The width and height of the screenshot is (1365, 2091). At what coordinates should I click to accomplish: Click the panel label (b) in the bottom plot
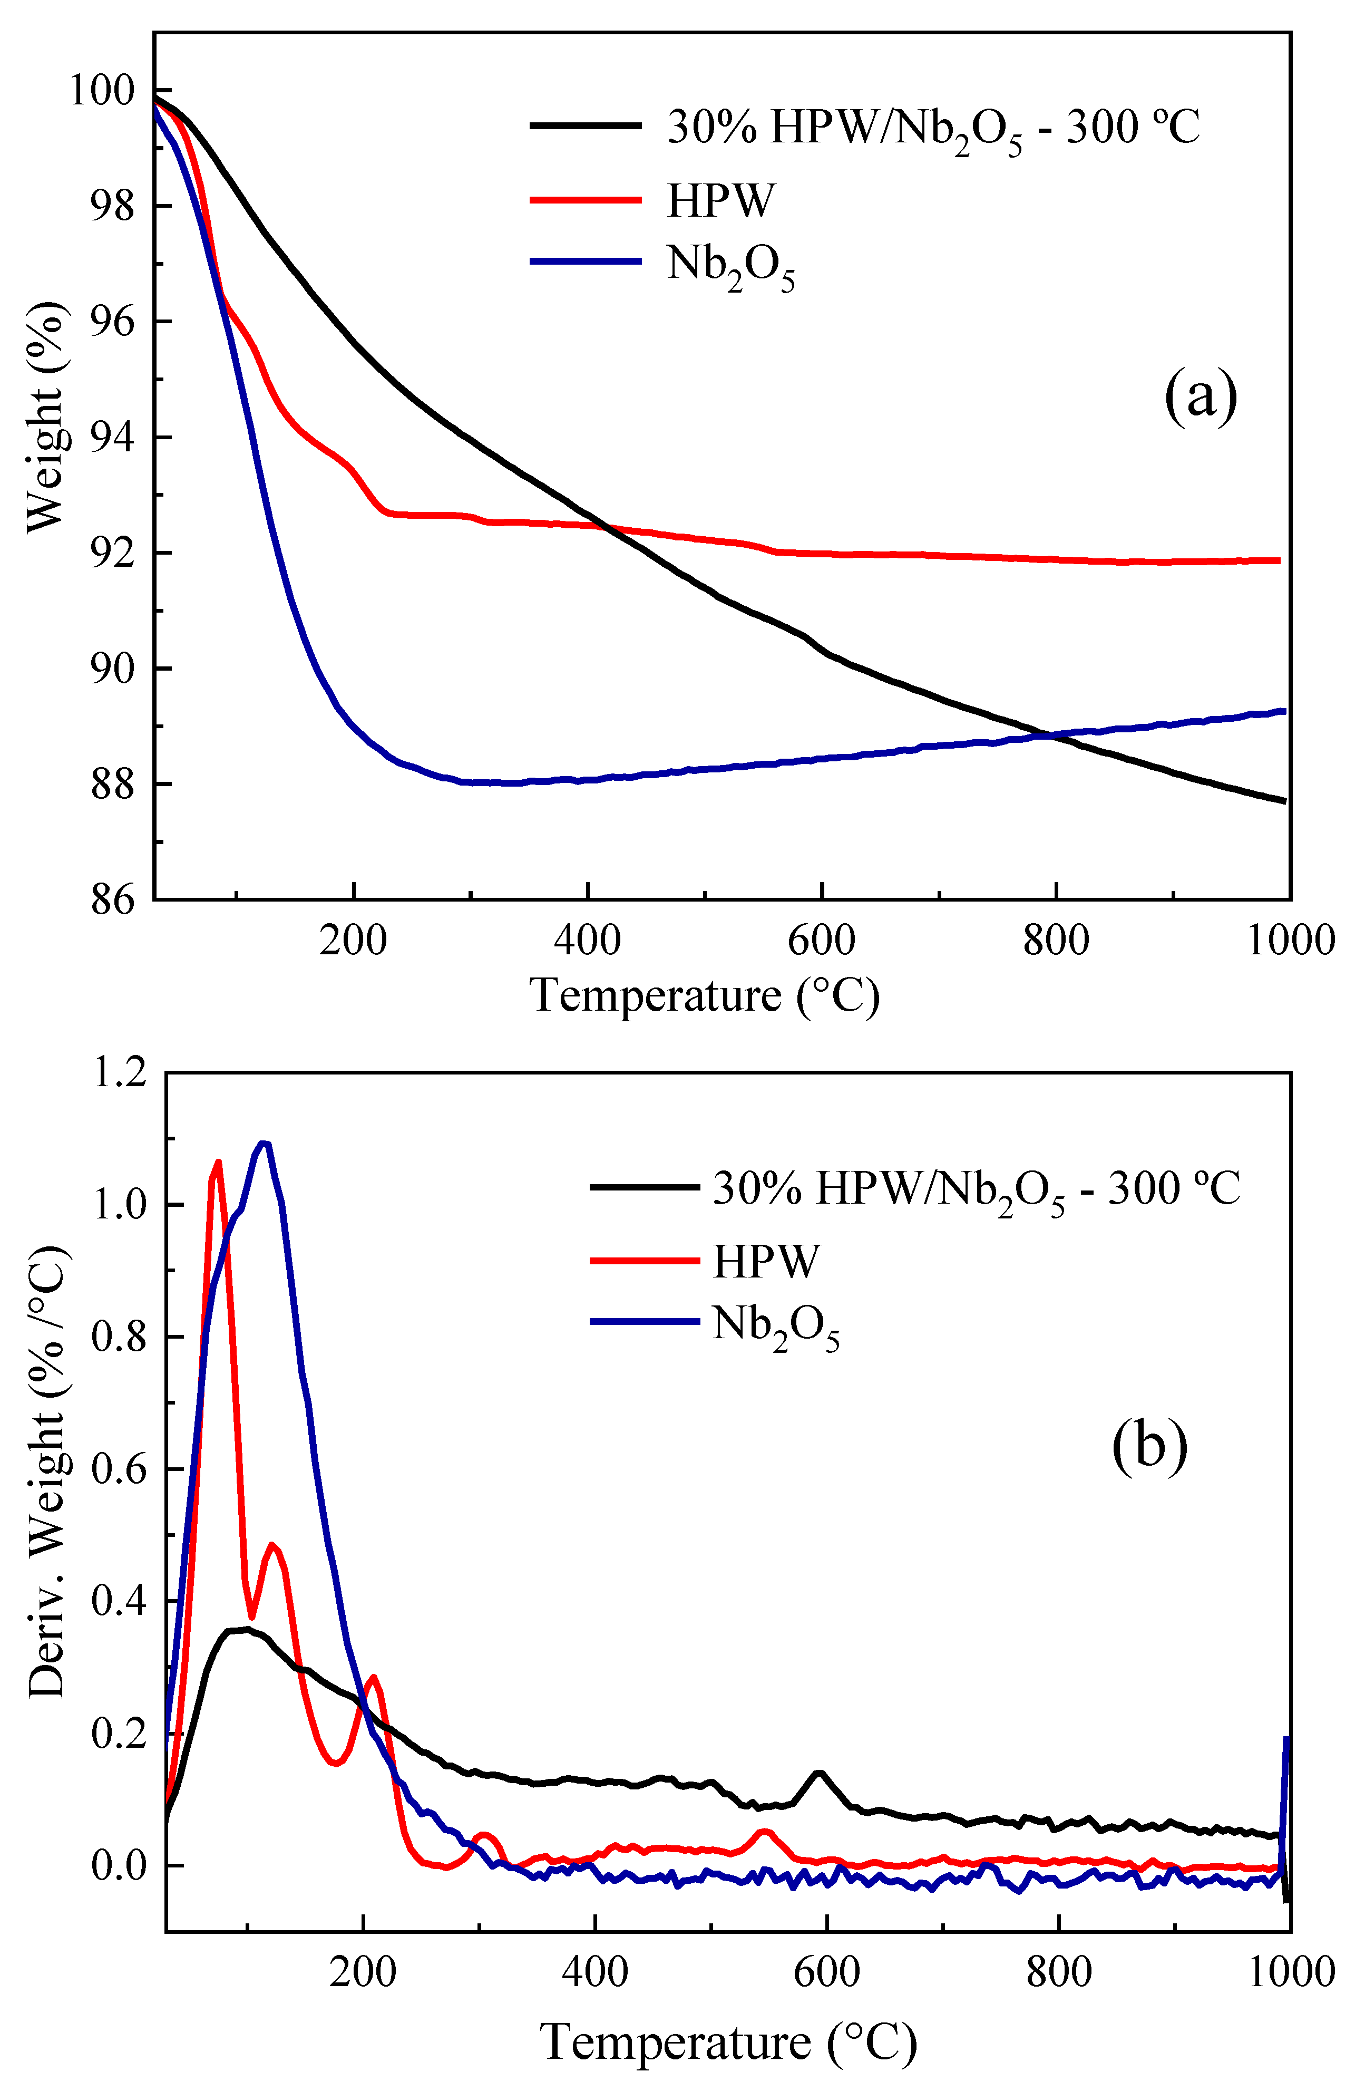tap(1149, 1445)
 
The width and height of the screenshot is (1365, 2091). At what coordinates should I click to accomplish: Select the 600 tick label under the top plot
tap(821, 941)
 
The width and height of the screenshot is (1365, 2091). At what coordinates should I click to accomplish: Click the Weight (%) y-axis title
tap(46, 418)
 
